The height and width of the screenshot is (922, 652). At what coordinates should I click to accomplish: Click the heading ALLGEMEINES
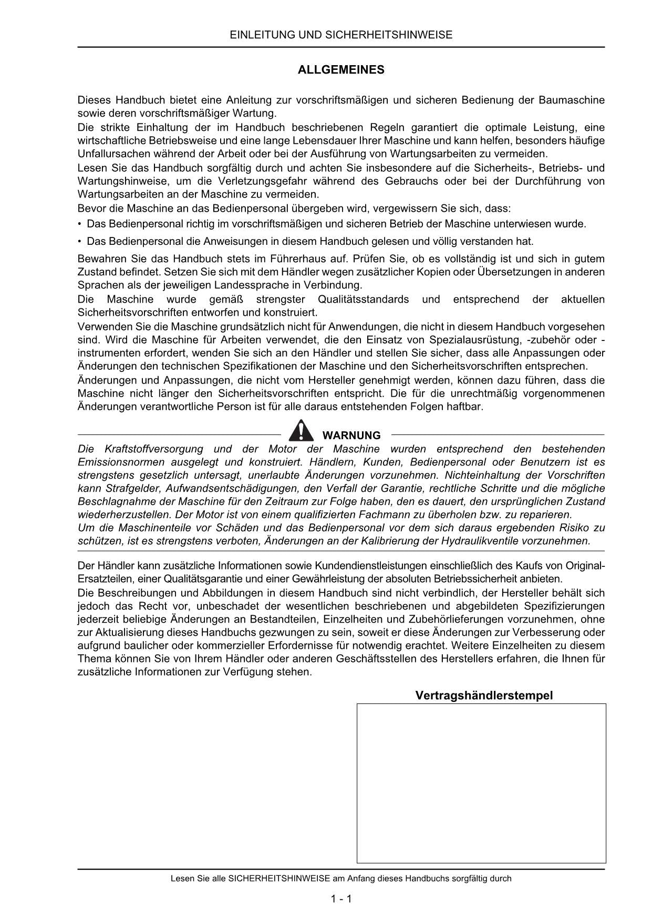pyautogui.click(x=341, y=70)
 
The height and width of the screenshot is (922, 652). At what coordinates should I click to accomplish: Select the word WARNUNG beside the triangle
pyautogui.click(x=351, y=436)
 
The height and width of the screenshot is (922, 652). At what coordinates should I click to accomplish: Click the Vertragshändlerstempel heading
pyautogui.click(x=484, y=696)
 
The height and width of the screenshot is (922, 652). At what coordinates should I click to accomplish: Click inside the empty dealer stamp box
pyautogui.click(x=481, y=783)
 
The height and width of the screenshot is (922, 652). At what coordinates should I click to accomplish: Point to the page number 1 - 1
pyautogui.click(x=341, y=899)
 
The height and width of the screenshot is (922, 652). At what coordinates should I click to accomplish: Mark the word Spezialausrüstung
pyautogui.click(x=486, y=340)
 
